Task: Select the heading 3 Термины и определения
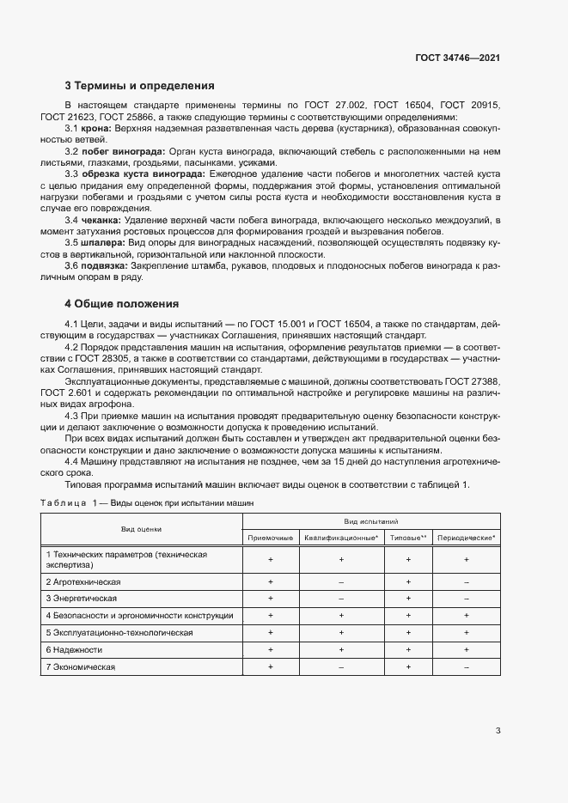coord(139,86)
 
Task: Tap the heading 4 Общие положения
coord(121,303)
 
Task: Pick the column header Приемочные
coord(270,538)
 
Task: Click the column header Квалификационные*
coord(341,538)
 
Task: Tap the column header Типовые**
coord(408,538)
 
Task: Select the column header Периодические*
coord(467,538)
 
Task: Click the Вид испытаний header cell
coord(371,521)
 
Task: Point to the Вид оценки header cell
coord(141,529)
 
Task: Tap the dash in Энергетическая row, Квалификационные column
coord(341,598)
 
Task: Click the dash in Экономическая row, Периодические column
coord(467,666)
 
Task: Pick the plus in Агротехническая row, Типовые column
coord(408,581)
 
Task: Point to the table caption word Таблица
coord(64,502)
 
